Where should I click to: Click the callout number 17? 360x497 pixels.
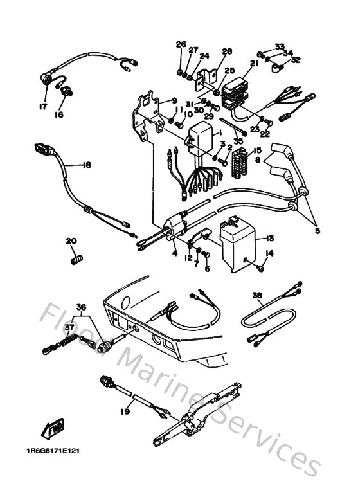coord(44,107)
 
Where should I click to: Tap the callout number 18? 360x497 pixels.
coord(87,165)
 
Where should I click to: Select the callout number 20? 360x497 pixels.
coord(71,241)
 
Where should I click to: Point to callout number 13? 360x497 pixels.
coord(269,237)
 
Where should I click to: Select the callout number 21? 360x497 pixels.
coord(253,63)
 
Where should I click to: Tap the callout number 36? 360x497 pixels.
coord(80,306)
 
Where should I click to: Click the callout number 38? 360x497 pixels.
coord(257,295)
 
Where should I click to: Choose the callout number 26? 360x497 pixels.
coord(181,44)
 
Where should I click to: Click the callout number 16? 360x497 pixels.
coord(59,115)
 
